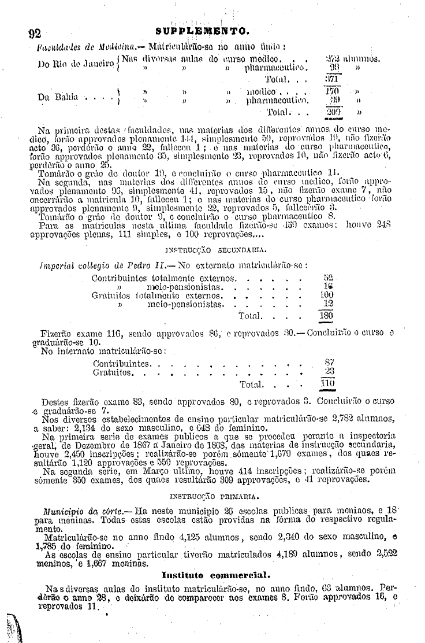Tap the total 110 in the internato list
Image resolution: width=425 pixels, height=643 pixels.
(x=328, y=384)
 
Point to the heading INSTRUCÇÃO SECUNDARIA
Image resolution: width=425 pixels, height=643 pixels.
(x=215, y=250)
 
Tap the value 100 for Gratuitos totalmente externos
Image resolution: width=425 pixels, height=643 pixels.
(x=327, y=295)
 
